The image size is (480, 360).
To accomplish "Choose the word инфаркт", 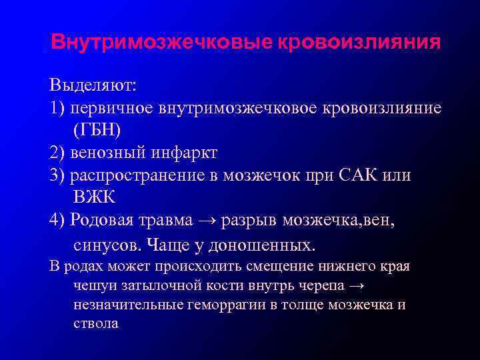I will [x=184, y=153].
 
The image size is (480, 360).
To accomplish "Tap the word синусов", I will [x=106, y=245].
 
